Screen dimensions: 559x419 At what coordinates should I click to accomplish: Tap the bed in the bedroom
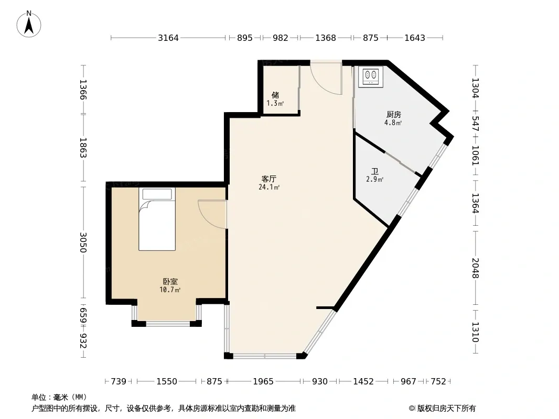pos(157,219)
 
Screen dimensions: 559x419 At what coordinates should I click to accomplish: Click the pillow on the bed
pos(157,194)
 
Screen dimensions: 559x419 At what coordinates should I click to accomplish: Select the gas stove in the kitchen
pos(370,76)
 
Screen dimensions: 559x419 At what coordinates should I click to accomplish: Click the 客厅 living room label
pos(269,179)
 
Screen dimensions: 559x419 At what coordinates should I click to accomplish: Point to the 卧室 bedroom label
pos(170,281)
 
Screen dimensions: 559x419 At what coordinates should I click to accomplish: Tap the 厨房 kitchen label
pos(394,114)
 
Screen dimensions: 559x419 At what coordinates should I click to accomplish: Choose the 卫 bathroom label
pos(375,171)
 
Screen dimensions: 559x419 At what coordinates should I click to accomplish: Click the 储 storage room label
pos(275,95)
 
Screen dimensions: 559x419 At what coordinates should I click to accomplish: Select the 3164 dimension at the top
pos(168,38)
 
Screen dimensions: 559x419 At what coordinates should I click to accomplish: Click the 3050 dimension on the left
pos(83,242)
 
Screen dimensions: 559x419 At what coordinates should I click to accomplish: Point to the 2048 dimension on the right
pos(475,268)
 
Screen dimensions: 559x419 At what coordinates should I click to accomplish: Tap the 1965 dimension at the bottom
pos(263,381)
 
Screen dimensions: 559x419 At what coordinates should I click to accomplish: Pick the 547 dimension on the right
pos(475,124)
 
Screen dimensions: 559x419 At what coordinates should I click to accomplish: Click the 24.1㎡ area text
pos(269,188)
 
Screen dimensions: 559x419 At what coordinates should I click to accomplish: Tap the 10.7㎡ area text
pos(170,290)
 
